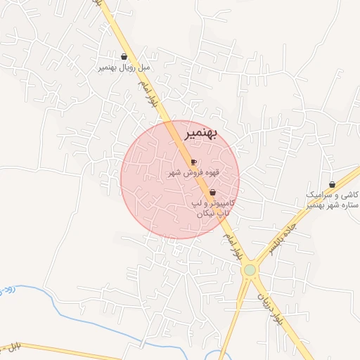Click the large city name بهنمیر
(201, 133)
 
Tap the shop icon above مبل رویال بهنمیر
(124, 56)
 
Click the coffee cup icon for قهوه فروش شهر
(193, 162)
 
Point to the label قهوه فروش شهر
(193, 172)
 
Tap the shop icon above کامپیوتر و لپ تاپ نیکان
(212, 192)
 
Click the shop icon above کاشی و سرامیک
(332, 185)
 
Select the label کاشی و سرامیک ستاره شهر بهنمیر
(332, 200)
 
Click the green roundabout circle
(250, 270)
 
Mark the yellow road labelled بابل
(70, 351)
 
